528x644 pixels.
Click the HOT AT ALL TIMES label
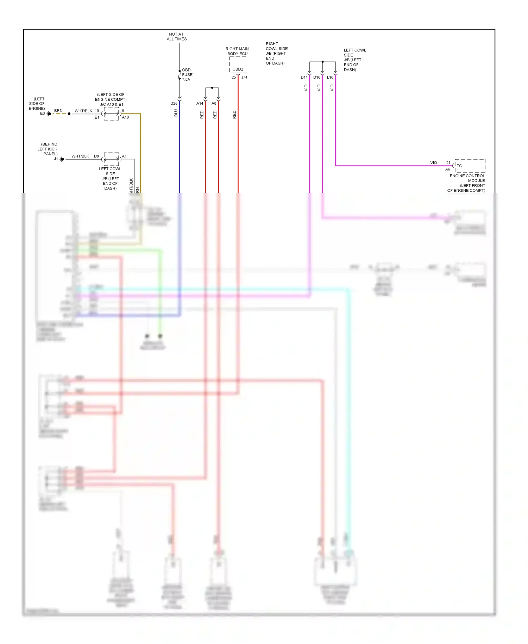coord(176,37)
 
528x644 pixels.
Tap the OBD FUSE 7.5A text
coord(187,75)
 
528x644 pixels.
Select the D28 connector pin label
coord(174,104)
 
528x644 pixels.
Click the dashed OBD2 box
coord(238,64)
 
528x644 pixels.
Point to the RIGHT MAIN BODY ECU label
coord(237,51)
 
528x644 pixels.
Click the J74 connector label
coord(244,78)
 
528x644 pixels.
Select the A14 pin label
coord(200,104)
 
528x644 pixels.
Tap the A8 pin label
coord(214,104)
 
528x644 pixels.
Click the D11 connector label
coord(304,78)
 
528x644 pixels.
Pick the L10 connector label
coord(330,78)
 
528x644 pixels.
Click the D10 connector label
coord(317,78)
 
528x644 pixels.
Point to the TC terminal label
coord(459,166)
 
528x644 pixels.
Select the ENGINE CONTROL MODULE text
coord(467,178)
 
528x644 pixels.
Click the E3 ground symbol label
coord(42,113)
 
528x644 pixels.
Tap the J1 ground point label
coord(56,159)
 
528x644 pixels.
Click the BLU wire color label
coord(176,113)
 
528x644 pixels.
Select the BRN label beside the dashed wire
coord(58,111)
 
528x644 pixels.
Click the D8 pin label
coord(96,156)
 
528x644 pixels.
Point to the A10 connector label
coord(125,117)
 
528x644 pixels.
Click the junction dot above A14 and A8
coord(212,88)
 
